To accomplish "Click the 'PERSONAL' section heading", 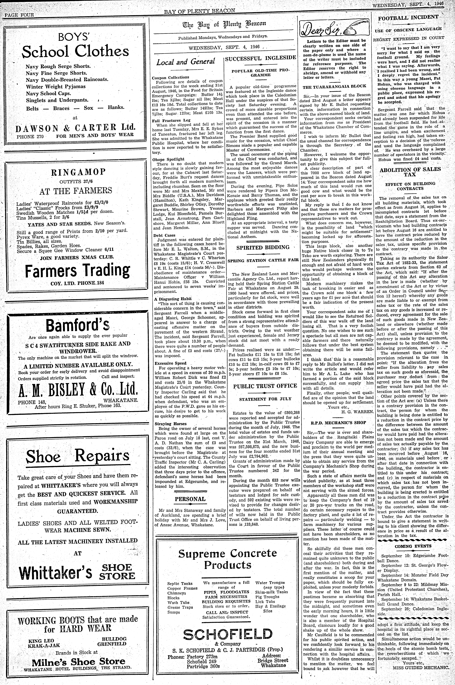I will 190,499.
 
